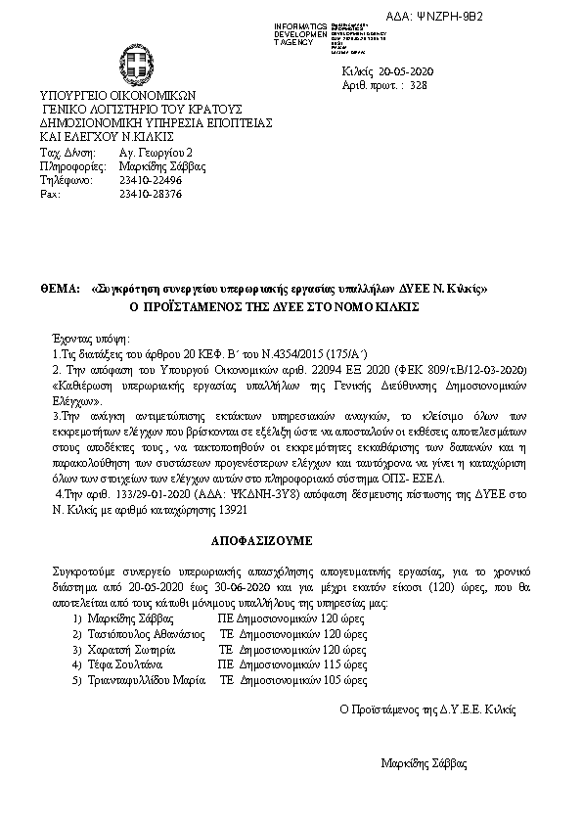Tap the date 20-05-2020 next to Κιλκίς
(x=414, y=73)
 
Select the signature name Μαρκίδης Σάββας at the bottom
(x=424, y=761)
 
